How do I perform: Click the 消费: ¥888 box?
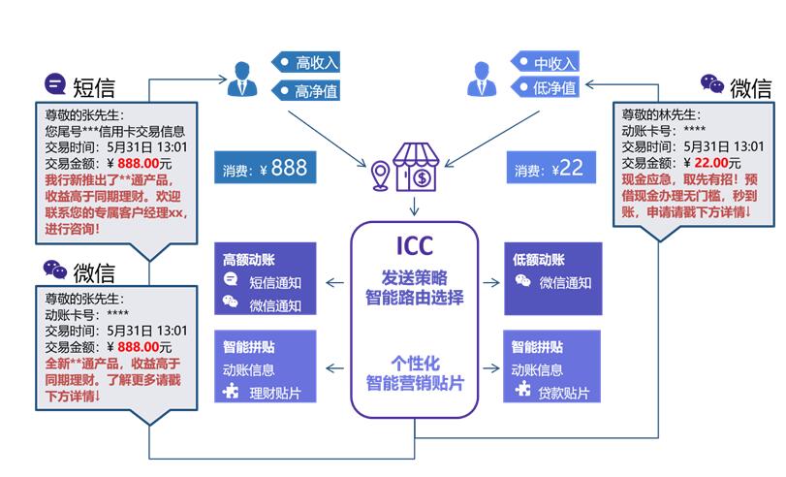(x=264, y=169)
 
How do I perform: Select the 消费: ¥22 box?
(x=549, y=169)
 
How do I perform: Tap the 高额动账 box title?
(x=250, y=260)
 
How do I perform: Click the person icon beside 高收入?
(x=241, y=79)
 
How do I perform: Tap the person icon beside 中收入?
(x=481, y=79)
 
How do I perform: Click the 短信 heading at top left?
(x=93, y=87)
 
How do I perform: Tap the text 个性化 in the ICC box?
(x=415, y=362)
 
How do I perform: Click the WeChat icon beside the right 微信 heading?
(x=712, y=84)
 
